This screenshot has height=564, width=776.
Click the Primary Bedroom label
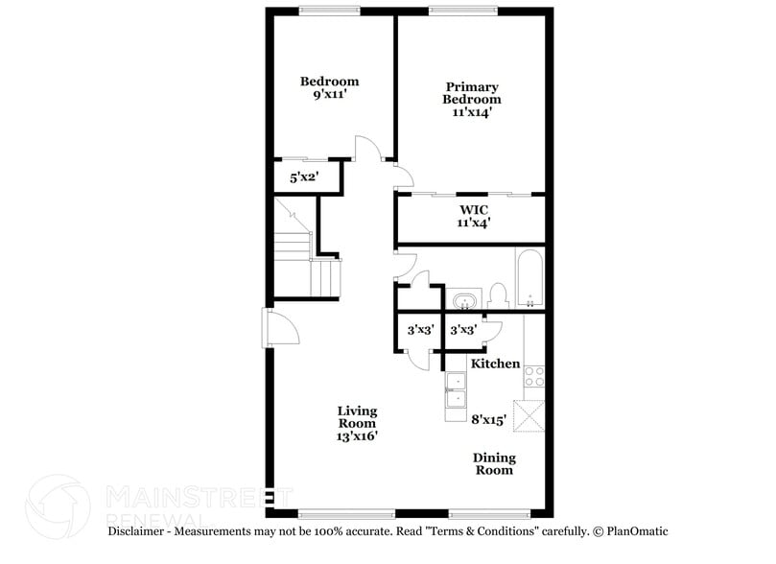click(471, 93)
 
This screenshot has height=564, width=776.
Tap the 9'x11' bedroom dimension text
click(329, 96)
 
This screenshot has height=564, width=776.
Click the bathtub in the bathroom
click(529, 278)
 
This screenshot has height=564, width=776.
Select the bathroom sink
click(465, 300)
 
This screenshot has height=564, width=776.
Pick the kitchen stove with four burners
click(533, 378)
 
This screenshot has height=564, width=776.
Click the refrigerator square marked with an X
click(529, 414)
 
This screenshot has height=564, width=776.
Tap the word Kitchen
click(495, 364)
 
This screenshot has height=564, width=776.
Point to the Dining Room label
click(494, 463)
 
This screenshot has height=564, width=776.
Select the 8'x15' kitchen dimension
click(489, 418)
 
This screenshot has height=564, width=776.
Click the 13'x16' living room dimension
click(356, 435)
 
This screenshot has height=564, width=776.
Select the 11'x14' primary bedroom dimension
click(471, 112)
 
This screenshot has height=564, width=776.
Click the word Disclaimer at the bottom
click(140, 530)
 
